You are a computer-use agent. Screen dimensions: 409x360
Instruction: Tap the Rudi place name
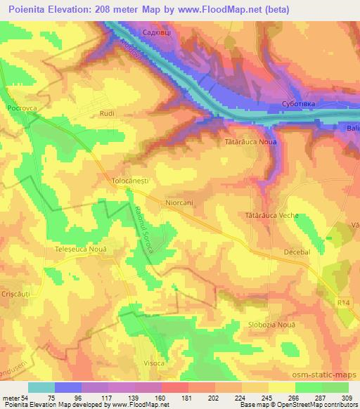106,112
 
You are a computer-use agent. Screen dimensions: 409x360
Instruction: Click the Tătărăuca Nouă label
251,141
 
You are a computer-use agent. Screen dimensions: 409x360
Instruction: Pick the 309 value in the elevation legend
348,398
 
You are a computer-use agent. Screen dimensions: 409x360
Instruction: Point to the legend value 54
25,398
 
